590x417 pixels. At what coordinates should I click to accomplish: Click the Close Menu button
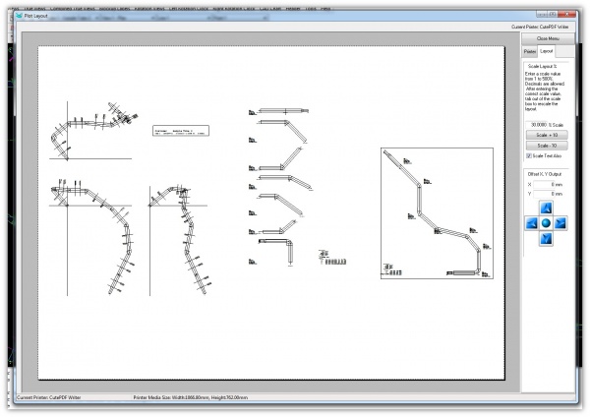548,37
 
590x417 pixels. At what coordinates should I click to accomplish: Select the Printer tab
529,50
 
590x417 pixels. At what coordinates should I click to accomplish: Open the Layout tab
546,50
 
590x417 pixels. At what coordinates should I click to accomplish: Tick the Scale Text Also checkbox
530,155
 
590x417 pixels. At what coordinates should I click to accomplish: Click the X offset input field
550,184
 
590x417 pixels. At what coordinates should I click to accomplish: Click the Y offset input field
550,194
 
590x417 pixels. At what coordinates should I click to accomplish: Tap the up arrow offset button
546,208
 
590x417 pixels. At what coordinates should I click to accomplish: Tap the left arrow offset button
532,223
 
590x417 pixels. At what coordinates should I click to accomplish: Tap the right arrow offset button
560,223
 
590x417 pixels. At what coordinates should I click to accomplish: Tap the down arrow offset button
546,239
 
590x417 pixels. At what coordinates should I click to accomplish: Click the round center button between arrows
546,223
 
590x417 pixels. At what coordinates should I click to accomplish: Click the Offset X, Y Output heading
546,174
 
